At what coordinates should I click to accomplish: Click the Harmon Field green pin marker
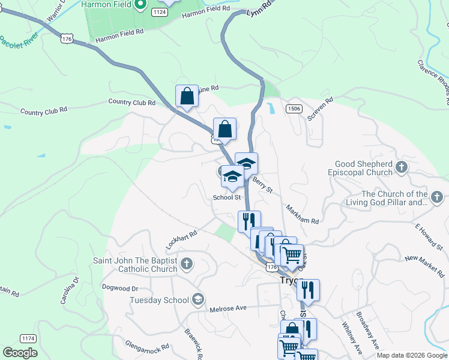140,4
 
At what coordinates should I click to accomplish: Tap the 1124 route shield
159,12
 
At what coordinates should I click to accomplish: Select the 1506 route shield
294,108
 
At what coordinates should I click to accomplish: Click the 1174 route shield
27,338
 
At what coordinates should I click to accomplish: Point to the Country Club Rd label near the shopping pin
131,103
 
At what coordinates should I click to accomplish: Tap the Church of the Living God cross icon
437,197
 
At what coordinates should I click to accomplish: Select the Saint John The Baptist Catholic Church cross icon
187,263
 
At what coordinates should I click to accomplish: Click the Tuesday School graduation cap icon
198,299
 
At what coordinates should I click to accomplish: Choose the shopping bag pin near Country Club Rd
187,96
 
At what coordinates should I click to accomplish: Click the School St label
227,197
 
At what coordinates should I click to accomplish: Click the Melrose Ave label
229,308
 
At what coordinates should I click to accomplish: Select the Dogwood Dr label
121,288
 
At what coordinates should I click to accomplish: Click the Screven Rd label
320,110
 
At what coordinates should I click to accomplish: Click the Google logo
20,353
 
